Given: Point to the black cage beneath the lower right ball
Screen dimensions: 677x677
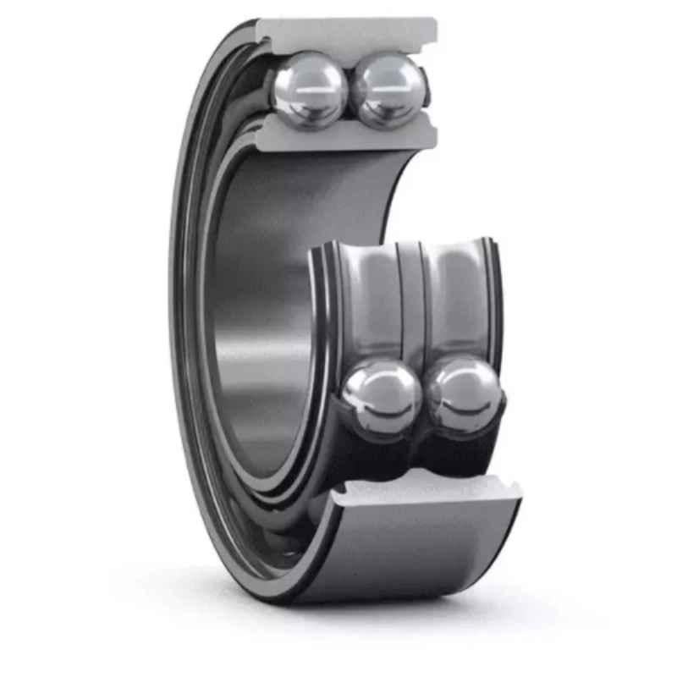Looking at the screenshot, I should pos(465,449).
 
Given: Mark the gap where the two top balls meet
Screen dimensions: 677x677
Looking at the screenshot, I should pos(350,91).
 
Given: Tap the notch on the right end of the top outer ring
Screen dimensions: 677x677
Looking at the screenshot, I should pos(433,38).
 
